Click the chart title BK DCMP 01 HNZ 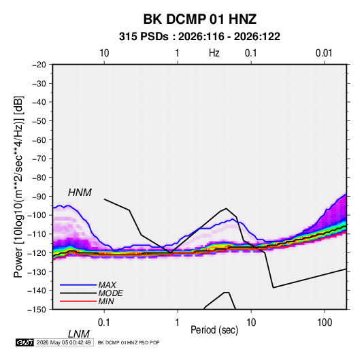point(200,19)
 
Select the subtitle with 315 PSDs point(199,37)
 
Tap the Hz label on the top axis point(214,53)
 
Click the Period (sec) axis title point(214,330)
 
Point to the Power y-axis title point(18,187)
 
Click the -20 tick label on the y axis point(39,65)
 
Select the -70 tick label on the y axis point(39,159)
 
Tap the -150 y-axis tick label point(37,310)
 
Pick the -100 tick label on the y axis point(37,215)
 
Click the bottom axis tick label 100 point(325,323)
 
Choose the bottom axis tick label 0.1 point(104,323)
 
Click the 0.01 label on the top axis point(324,53)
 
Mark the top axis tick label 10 point(104,53)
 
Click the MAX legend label point(107,284)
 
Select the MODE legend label point(110,293)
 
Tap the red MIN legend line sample point(78,301)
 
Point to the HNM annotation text point(80,193)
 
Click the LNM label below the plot point(78,334)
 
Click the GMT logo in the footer point(24,342)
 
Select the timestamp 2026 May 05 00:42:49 point(63,342)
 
